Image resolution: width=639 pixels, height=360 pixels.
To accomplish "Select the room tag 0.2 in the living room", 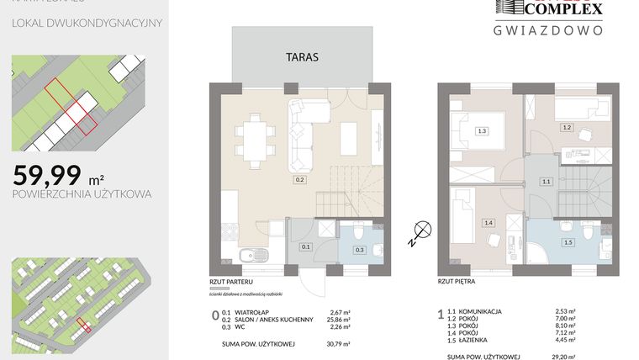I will click(299, 179).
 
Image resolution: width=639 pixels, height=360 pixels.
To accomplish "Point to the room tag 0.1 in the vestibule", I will click(306, 246).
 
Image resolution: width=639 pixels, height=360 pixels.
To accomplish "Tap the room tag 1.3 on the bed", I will click(482, 130).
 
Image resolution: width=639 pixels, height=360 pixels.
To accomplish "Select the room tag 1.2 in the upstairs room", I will click(567, 127).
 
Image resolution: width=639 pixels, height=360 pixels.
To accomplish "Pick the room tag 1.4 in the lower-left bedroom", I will click(488, 222).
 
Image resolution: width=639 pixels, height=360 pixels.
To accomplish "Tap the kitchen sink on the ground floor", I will click(249, 257).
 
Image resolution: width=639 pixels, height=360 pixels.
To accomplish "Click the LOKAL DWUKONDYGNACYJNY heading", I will click(87, 22).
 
